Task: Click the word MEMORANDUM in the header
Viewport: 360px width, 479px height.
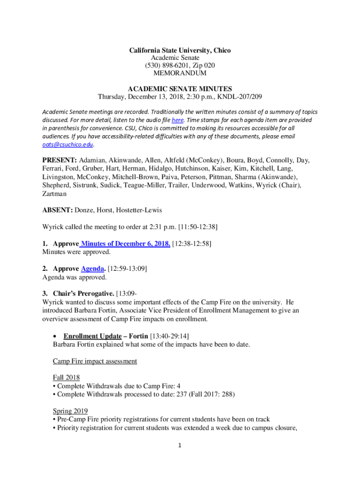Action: (180, 73)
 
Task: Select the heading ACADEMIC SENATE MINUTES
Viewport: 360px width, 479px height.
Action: (180, 89)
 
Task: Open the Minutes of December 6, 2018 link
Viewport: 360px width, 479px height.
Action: (126, 244)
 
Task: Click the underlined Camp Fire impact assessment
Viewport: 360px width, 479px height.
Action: (95, 361)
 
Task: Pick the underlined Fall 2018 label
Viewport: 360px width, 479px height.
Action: (66, 377)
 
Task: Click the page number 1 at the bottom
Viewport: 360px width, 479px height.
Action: (180, 445)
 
